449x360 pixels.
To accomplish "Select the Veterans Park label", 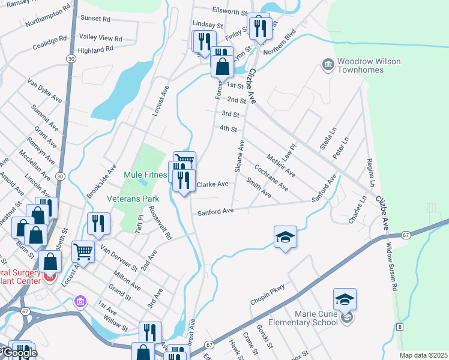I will click(x=128, y=198).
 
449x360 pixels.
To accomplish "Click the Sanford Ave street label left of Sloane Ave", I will click(x=215, y=211).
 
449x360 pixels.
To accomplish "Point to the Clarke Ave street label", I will click(x=212, y=184).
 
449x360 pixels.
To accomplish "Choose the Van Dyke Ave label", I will click(x=45, y=88).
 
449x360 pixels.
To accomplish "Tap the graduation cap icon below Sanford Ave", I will click(x=286, y=236).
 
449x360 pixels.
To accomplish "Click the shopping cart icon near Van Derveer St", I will click(x=83, y=251).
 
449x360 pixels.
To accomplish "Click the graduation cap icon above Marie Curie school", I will click(x=345, y=299).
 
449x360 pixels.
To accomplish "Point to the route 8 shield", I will click(x=399, y=326).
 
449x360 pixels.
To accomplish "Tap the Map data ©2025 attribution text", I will click(x=423, y=355).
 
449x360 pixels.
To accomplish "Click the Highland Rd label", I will click(x=96, y=50).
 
